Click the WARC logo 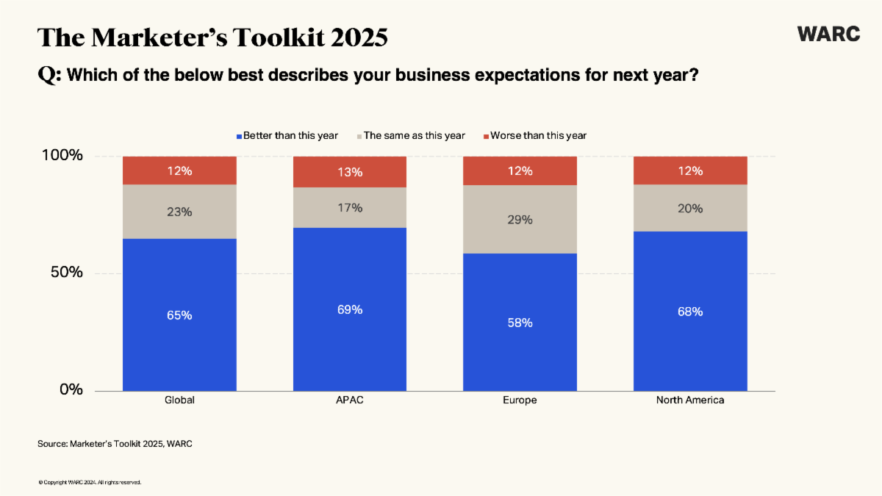tap(828, 34)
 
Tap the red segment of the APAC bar tap(350, 172)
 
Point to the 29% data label tap(520, 219)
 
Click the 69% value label tap(350, 309)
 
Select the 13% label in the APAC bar tap(350, 172)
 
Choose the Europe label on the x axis tap(520, 400)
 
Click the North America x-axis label tap(690, 400)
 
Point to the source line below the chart tap(115, 444)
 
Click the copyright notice tap(89, 483)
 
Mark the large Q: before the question tap(49, 75)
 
